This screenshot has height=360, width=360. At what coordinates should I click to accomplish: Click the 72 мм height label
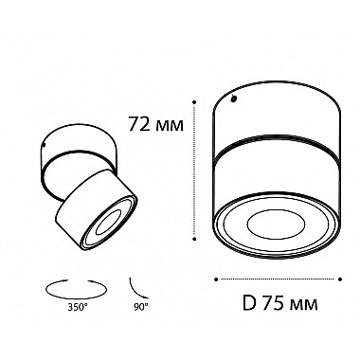coord(155,125)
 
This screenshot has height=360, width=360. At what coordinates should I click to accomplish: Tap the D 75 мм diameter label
coord(280,303)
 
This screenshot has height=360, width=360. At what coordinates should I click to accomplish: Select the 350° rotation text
coord(77,306)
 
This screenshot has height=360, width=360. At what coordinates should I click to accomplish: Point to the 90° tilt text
coord(138,306)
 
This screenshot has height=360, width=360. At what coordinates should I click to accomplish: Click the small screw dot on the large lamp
coord(234,99)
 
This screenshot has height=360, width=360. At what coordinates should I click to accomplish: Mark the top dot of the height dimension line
coord(195,102)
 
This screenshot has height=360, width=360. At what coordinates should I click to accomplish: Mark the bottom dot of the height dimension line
coord(195,239)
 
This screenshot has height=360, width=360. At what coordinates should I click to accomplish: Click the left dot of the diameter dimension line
coord(216,279)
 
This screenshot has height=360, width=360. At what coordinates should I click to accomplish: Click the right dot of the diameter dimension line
coord(340,279)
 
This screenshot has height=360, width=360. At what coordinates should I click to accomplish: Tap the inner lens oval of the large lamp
coord(276,226)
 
